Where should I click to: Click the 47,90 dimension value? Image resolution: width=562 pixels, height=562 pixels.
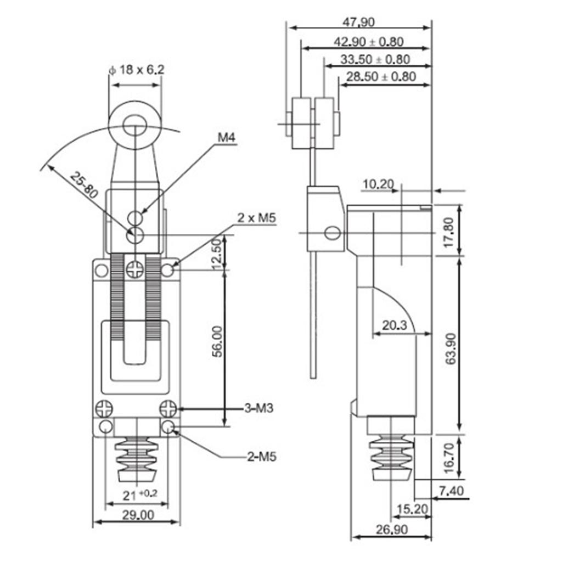(x=358, y=22)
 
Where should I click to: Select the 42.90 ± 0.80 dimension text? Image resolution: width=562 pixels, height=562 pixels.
(x=368, y=42)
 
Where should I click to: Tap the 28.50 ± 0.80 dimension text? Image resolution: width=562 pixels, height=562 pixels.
(x=381, y=76)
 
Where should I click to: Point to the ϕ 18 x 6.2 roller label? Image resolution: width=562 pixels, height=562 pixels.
(x=137, y=70)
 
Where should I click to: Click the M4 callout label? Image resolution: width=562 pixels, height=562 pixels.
(x=227, y=137)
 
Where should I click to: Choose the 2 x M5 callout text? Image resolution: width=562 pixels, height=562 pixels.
(x=257, y=217)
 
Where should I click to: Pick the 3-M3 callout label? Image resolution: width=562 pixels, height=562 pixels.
(x=259, y=408)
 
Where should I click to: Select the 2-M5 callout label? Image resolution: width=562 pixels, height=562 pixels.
(x=262, y=457)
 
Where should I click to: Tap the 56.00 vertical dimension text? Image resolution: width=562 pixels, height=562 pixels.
(x=217, y=341)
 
